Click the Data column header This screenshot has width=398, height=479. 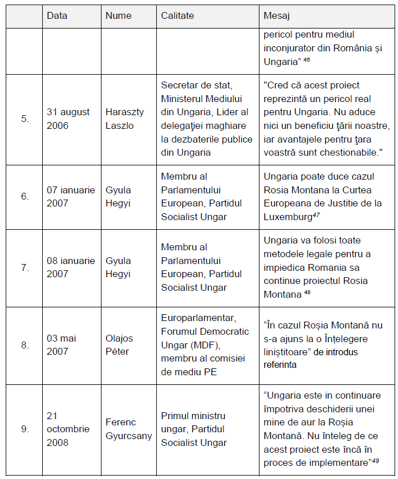pyautogui.click(x=57, y=15)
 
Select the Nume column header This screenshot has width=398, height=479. pyautogui.click(x=119, y=15)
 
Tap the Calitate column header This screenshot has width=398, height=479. pyautogui.click(x=178, y=15)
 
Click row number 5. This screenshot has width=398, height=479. pyautogui.click(x=25, y=119)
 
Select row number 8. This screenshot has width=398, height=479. pyautogui.click(x=25, y=345)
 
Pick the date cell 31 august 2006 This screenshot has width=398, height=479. pyautogui.click(x=68, y=119)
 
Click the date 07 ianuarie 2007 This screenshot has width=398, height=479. pyautogui.click(x=71, y=197)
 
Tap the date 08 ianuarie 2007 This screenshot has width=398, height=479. pyautogui.click(x=71, y=267)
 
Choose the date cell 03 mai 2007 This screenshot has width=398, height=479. pyautogui.click(x=62, y=345)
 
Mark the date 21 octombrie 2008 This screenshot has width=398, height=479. pyautogui.click(x=68, y=429)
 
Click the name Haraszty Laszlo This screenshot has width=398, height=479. pyautogui.click(x=121, y=119)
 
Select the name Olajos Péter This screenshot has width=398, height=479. pyautogui.click(x=120, y=345)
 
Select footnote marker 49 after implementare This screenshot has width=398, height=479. pyautogui.click(x=375, y=460)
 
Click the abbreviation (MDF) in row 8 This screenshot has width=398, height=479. pyautogui.click(x=176, y=345)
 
